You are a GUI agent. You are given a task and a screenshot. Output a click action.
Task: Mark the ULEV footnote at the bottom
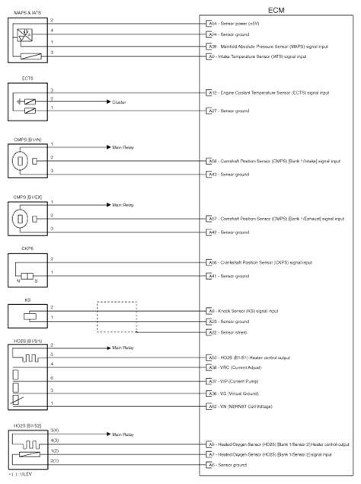click(15, 477)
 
